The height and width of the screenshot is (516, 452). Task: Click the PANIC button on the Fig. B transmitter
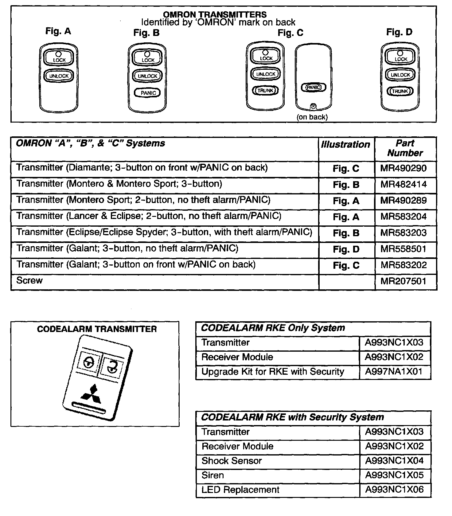pyautogui.click(x=148, y=93)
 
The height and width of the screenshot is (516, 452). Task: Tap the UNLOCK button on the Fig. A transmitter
pyautogui.click(x=59, y=76)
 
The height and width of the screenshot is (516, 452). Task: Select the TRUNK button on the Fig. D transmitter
pyautogui.click(x=400, y=91)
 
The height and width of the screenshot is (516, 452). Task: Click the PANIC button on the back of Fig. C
pyautogui.click(x=314, y=88)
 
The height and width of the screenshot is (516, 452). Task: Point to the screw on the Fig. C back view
pyautogui.click(x=313, y=106)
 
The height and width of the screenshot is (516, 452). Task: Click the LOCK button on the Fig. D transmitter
pyautogui.click(x=400, y=57)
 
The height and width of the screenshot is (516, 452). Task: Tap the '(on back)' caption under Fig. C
pyautogui.click(x=312, y=117)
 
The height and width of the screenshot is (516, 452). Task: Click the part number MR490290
pyautogui.click(x=403, y=168)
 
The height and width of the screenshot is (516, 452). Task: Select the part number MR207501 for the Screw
pyautogui.click(x=403, y=281)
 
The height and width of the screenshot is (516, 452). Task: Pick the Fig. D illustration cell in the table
pyautogui.click(x=346, y=249)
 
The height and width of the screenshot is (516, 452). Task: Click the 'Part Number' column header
pyautogui.click(x=405, y=148)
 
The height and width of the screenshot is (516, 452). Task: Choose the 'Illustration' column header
pyautogui.click(x=345, y=145)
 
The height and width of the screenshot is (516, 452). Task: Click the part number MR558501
pyautogui.click(x=403, y=249)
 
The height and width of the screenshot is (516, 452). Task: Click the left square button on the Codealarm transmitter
pyautogui.click(x=89, y=363)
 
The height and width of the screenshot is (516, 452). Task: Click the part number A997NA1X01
pyautogui.click(x=394, y=372)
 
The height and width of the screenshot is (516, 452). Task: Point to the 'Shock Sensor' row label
pyautogui.click(x=232, y=461)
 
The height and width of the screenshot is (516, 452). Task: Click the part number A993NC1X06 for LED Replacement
pyautogui.click(x=394, y=490)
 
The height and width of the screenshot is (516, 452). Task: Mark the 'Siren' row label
pyautogui.click(x=212, y=475)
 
